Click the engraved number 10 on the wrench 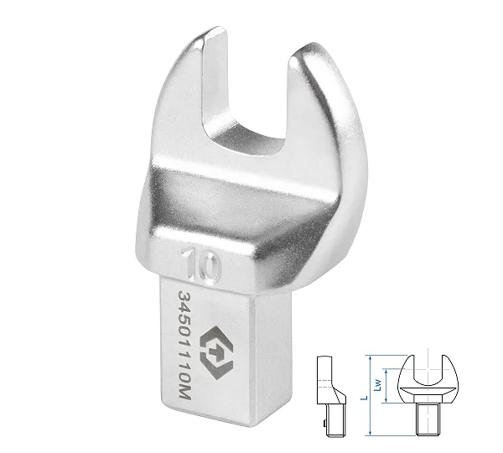[201, 266]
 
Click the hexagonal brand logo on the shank [215, 353]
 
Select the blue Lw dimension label [378, 385]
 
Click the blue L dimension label [364, 398]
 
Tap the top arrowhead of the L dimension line [371, 357]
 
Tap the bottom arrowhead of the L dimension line [371, 434]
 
